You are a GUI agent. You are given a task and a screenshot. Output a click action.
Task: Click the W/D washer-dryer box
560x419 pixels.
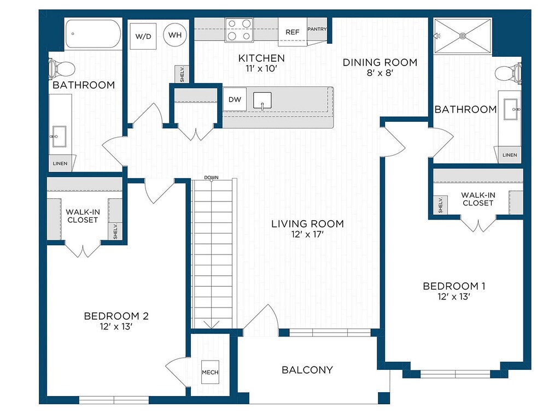click(x=143, y=36)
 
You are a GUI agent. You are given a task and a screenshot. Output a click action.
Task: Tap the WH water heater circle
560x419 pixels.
click(x=175, y=34)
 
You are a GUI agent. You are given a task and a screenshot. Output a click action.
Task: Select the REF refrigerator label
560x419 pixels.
click(x=292, y=32)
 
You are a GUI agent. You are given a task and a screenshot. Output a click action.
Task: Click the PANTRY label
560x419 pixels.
click(x=317, y=29)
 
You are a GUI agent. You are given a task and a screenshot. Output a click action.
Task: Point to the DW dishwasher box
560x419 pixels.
click(x=235, y=99)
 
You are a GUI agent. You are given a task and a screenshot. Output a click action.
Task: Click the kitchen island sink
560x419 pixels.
click(x=262, y=101)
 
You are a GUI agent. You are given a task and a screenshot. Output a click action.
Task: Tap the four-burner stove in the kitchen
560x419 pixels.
click(x=239, y=29)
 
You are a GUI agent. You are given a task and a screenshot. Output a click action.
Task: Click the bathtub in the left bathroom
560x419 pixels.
click(x=93, y=33)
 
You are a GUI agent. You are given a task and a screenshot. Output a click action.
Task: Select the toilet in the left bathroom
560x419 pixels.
click(x=61, y=68)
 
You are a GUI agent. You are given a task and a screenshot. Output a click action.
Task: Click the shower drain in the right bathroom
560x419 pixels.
click(x=463, y=36)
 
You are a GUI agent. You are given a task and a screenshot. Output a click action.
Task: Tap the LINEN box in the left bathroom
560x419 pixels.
click(x=60, y=163)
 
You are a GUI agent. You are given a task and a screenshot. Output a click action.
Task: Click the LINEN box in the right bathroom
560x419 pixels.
click(x=510, y=155)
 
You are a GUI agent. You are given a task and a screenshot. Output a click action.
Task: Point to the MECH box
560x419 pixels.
click(x=210, y=372)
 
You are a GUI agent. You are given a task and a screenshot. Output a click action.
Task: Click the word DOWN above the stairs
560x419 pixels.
click(x=212, y=178)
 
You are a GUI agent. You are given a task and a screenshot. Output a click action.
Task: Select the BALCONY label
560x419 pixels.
click(x=307, y=370)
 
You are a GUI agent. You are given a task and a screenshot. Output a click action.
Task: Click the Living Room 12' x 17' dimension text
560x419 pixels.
click(x=307, y=234)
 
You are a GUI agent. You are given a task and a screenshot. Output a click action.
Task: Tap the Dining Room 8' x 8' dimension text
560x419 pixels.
click(x=380, y=73)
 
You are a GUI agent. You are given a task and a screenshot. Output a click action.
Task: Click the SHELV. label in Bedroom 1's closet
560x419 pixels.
click(x=440, y=205)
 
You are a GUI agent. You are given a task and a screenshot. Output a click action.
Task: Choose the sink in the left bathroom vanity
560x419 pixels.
click(x=59, y=137)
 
